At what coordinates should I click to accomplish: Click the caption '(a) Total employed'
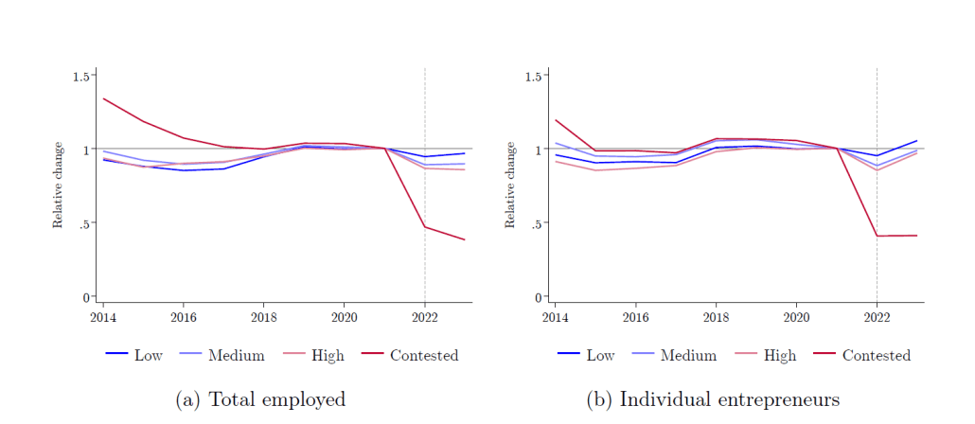[261, 399]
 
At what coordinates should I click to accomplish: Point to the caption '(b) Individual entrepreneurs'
[714, 399]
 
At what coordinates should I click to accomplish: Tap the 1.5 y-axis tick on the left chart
[82, 76]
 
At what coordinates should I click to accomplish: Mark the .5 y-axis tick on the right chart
[537, 223]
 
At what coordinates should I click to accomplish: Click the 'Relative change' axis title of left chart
[58, 185]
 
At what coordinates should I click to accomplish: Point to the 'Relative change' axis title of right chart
[510, 185]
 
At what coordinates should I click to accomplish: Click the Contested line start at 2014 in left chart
[102, 98]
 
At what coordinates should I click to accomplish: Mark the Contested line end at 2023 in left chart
[465, 240]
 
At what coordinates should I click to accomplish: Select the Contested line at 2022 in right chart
[877, 236]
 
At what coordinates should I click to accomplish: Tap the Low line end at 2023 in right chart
[917, 141]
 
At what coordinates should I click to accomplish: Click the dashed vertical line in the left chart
[424, 189]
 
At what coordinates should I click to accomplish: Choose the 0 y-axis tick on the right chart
[540, 297]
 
